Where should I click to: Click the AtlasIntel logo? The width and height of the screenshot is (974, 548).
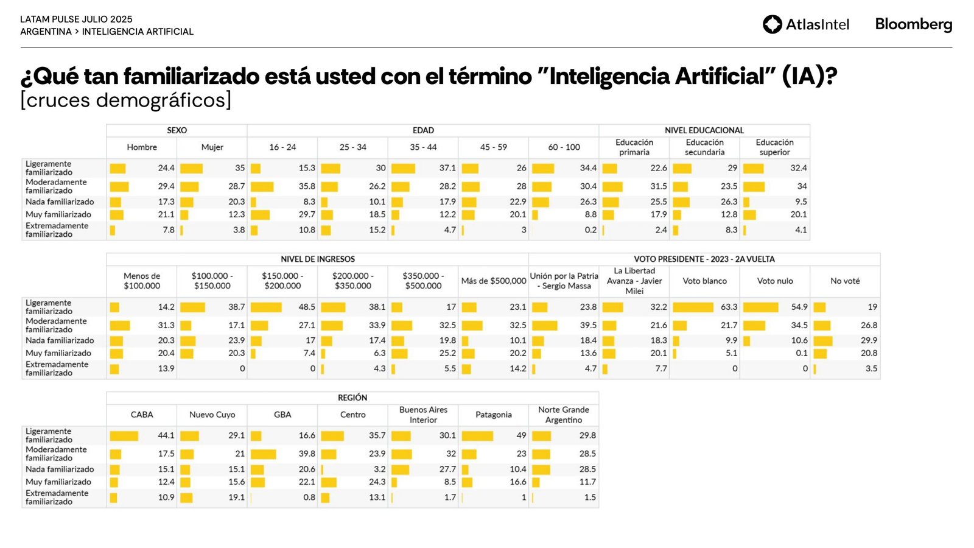pyautogui.click(x=806, y=24)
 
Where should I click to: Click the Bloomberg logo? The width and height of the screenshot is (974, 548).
pyautogui.click(x=913, y=24)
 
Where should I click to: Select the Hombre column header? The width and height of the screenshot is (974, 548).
pyautogui.click(x=142, y=147)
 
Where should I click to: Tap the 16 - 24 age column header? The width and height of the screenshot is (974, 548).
pyautogui.click(x=282, y=147)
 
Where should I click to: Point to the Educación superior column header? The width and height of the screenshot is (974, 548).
pyautogui.click(x=774, y=147)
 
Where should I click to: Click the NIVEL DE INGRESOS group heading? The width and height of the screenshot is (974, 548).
pyautogui.click(x=317, y=259)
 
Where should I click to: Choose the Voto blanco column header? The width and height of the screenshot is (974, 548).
pyautogui.click(x=704, y=281)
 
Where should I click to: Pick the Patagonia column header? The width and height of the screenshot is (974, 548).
pyautogui.click(x=493, y=415)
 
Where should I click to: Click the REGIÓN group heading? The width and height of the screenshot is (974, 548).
pyautogui.click(x=352, y=398)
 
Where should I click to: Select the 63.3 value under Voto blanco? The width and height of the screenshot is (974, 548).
pyautogui.click(x=729, y=307)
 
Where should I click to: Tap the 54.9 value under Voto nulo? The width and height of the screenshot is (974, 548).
pyautogui.click(x=799, y=307)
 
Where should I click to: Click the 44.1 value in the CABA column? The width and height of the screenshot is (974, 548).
pyautogui.click(x=166, y=436)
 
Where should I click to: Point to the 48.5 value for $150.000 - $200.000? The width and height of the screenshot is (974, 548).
pyautogui.click(x=307, y=307)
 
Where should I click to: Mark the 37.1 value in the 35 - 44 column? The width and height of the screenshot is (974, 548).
pyautogui.click(x=447, y=168)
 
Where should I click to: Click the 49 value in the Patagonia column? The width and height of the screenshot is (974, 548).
pyautogui.click(x=521, y=436)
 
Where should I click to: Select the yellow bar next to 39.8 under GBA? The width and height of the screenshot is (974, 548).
pyautogui.click(x=264, y=454)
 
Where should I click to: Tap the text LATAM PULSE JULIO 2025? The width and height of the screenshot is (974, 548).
pyautogui.click(x=76, y=19)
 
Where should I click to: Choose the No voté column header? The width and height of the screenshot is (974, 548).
pyautogui.click(x=845, y=281)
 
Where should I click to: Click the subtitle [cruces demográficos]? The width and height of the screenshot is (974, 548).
pyautogui.click(x=126, y=100)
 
